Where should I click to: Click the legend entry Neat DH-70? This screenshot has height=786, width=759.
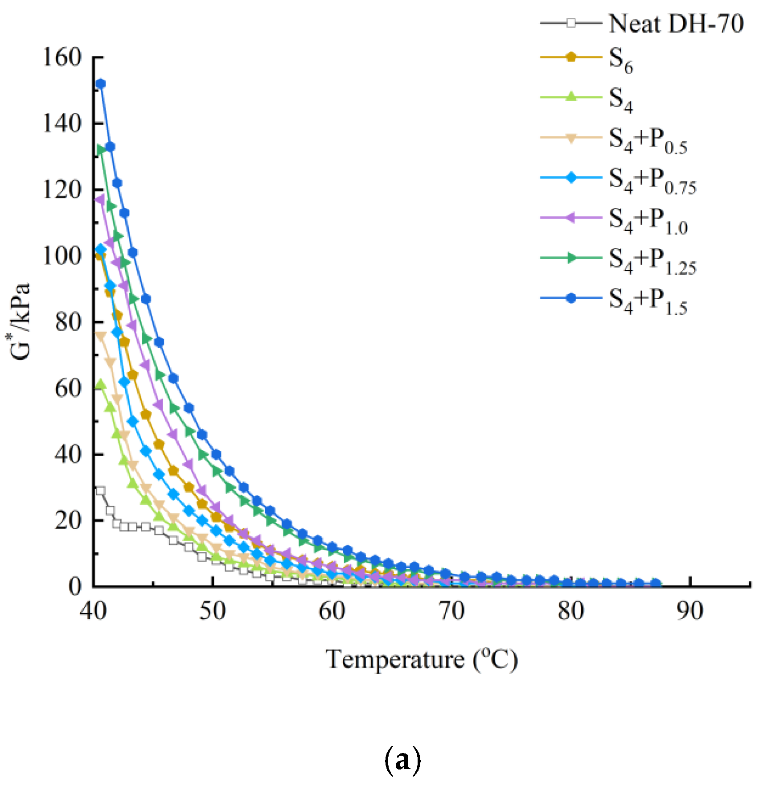676,24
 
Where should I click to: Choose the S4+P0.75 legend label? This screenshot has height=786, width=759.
652,181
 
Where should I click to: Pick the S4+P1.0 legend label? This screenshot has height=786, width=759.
648,221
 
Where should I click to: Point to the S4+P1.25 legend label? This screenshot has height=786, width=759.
652,261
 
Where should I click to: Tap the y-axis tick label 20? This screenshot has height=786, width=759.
68,520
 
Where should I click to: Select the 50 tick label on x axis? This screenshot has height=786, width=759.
212,611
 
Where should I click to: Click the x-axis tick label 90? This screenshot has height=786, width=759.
690,611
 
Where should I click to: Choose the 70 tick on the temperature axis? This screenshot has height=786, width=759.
451,611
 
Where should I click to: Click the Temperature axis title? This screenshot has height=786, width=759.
422,659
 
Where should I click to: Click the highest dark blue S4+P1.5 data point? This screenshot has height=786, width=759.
101,84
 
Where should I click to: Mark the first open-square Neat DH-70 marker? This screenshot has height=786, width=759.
101,491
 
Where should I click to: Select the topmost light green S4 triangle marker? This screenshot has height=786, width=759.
101,384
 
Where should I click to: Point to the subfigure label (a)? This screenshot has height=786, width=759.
402,761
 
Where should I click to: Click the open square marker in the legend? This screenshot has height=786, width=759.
571,23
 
